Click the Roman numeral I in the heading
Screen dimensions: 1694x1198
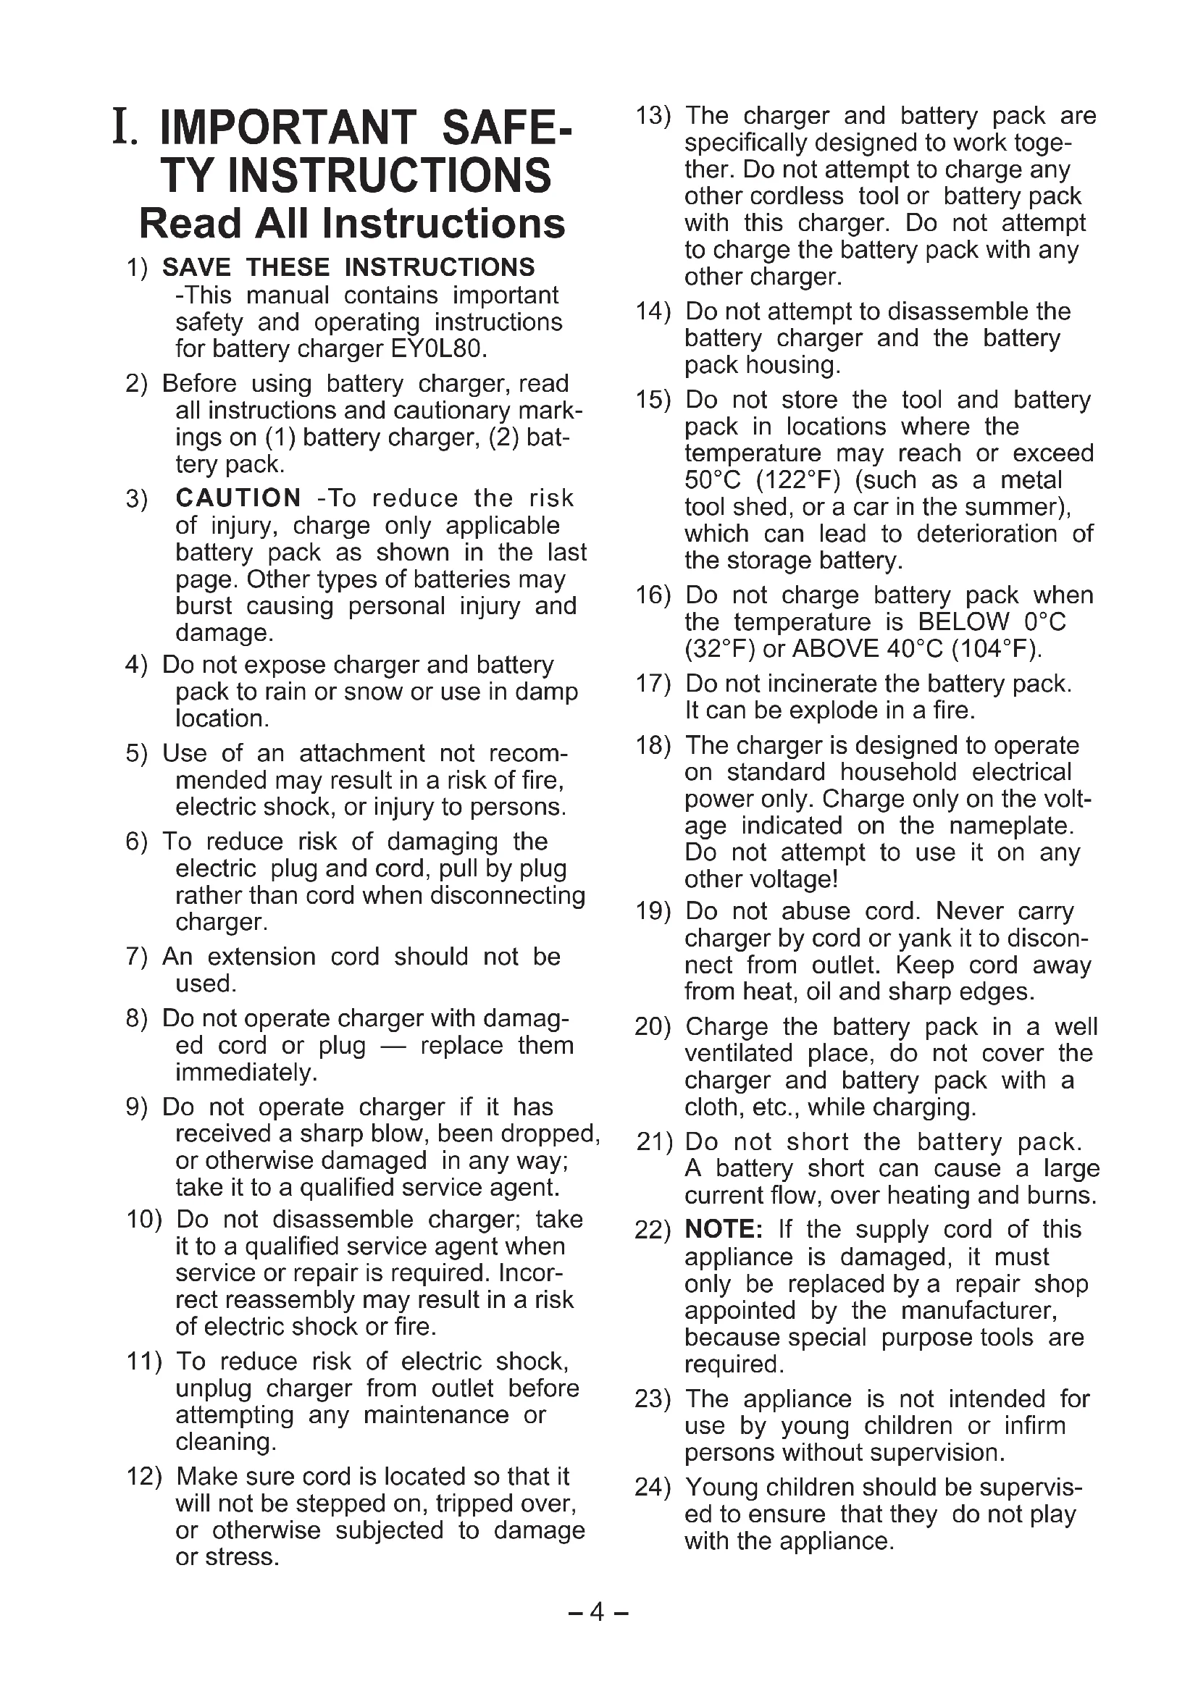(122, 126)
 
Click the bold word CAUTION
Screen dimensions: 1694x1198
(238, 498)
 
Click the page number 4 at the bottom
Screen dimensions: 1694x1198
(598, 1613)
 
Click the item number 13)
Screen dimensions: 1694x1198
(653, 117)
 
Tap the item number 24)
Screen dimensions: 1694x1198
(653, 1487)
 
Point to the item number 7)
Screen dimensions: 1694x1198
(137, 957)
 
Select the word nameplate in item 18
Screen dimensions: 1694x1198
(1010, 826)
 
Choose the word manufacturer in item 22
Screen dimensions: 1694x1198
(979, 1310)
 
